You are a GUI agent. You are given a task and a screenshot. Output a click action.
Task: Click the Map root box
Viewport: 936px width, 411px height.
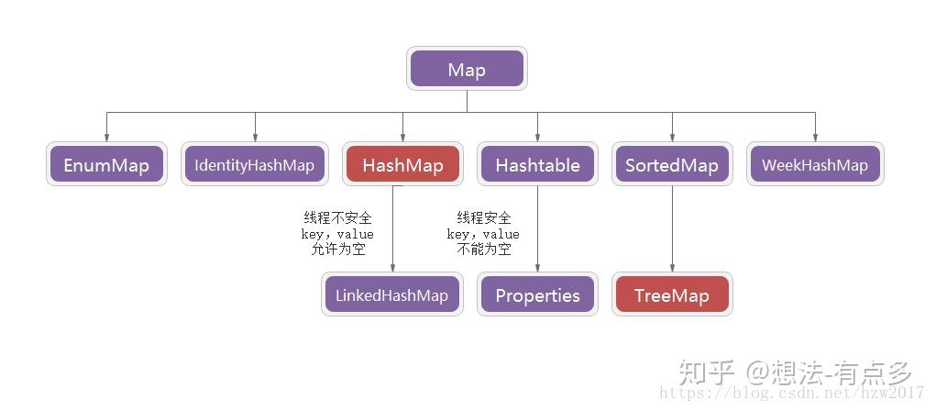click(x=467, y=70)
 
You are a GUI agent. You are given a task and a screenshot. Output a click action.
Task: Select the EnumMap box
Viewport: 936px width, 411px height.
click(x=106, y=165)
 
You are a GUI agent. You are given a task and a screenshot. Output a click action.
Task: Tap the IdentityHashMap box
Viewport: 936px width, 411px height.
click(x=254, y=165)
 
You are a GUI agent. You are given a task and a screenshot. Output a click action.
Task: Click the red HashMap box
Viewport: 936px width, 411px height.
click(x=402, y=165)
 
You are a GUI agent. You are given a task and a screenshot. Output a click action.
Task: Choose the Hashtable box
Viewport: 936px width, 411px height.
click(x=537, y=165)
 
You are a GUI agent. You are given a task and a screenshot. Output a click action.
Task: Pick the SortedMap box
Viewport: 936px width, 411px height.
click(x=671, y=165)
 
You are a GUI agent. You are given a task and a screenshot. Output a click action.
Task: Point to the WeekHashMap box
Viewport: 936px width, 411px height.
click(x=815, y=165)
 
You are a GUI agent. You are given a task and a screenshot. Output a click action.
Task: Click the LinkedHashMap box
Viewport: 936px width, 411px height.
click(x=391, y=294)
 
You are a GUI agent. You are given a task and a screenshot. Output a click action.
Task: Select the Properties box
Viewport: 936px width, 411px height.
click(x=537, y=294)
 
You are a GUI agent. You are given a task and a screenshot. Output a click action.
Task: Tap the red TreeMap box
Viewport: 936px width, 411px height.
click(x=671, y=294)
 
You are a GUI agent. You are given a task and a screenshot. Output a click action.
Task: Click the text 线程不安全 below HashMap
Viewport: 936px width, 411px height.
click(x=337, y=217)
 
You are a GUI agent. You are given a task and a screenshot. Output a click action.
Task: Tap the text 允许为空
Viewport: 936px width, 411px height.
click(x=337, y=250)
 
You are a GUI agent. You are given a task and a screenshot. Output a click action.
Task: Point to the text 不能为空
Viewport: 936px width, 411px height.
click(x=484, y=250)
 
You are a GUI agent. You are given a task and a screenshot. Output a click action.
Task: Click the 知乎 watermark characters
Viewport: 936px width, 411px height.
click(x=707, y=373)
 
